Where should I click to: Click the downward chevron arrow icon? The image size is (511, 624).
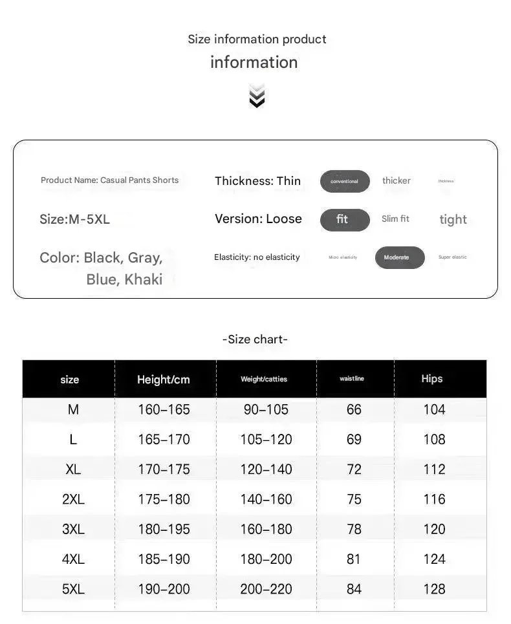point(257,96)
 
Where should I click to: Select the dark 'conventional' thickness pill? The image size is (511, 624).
point(345,182)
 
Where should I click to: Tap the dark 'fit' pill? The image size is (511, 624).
point(345,220)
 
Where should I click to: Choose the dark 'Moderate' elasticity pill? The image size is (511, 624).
point(400,257)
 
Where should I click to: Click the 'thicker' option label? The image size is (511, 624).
point(396,181)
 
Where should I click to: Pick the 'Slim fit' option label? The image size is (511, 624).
point(395,219)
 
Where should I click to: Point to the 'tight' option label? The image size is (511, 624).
point(453,220)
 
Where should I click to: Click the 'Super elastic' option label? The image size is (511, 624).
point(452,257)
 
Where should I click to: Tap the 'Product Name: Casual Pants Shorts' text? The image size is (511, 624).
point(109,180)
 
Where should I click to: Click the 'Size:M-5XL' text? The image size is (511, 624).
point(74,219)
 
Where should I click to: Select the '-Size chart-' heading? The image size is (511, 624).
point(255,339)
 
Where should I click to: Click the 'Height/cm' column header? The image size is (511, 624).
point(163,380)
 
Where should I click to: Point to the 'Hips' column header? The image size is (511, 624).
point(431,379)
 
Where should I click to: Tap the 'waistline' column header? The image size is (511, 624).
point(352,379)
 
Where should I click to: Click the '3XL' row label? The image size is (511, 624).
point(73,530)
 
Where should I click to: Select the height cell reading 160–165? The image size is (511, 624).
point(164,410)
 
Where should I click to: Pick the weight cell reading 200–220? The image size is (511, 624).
point(266,590)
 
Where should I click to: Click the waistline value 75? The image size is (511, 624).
point(354,500)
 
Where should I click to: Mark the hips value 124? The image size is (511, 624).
point(434,559)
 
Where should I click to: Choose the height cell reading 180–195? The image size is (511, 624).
point(164,530)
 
